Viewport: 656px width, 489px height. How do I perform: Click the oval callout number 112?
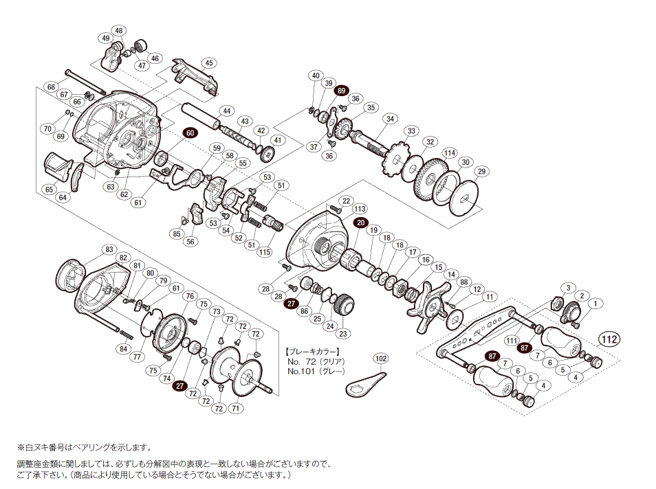click(608, 338)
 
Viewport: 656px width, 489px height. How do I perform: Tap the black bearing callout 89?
click(342, 90)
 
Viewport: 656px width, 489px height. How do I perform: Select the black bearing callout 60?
click(190, 133)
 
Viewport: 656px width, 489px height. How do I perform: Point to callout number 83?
click(109, 249)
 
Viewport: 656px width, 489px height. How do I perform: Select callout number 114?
click(450, 152)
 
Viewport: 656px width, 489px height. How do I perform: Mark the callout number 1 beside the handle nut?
click(595, 303)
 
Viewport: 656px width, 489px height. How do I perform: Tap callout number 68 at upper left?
click(51, 87)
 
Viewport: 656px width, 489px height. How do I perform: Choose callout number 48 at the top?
click(119, 31)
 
